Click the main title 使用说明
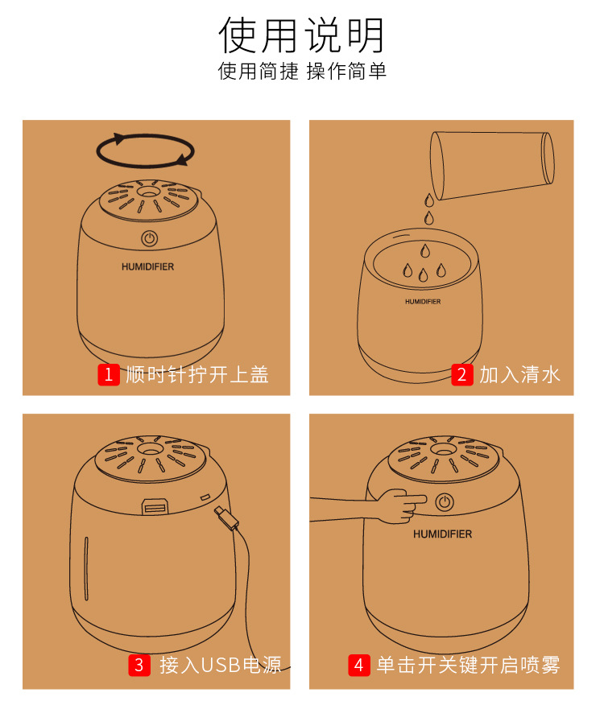click(302, 35)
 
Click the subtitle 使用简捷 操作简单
click(302, 72)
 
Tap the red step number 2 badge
click(461, 374)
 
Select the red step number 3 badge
click(139, 665)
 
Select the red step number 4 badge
click(359, 665)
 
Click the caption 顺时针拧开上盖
click(197, 374)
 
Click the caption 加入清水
click(519, 374)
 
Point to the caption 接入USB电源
click(220, 665)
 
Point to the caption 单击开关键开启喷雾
click(468, 665)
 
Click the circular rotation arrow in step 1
click(146, 150)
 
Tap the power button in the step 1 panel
click(149, 238)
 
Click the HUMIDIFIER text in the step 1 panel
click(148, 266)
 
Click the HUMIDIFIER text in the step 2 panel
click(423, 302)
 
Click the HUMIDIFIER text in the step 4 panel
click(442, 534)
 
